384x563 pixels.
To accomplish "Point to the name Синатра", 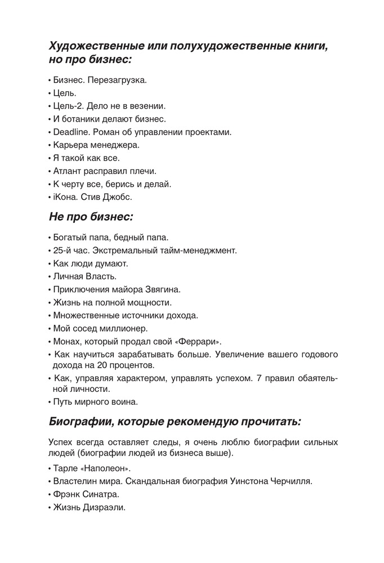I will pos(106,494).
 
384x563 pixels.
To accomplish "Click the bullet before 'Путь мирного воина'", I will pos(50,402).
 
